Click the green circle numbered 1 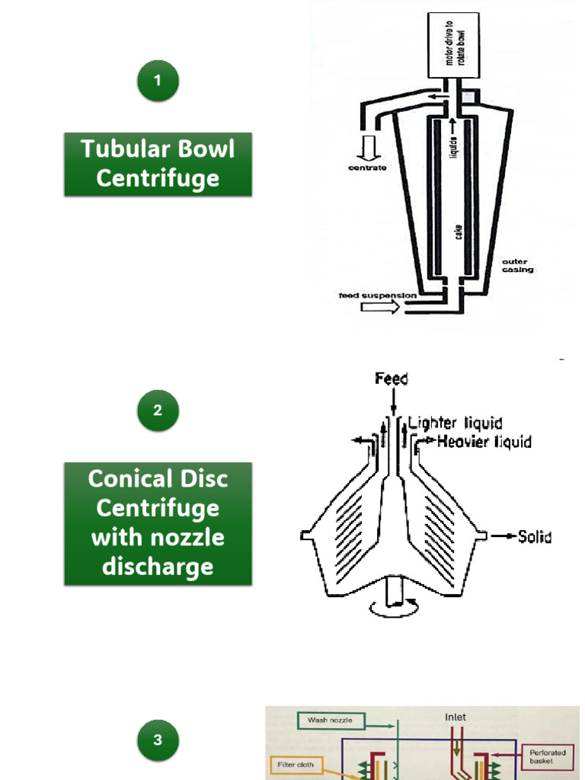tap(158, 81)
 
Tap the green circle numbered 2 tap(158, 411)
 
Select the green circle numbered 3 tap(158, 740)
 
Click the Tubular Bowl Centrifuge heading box tap(158, 164)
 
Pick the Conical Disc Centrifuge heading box tap(158, 523)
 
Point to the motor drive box tap(454, 45)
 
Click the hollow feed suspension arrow tap(378, 307)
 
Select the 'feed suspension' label tap(378, 295)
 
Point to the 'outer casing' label tap(517, 266)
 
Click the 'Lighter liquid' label tap(456, 424)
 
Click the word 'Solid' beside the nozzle tap(534, 537)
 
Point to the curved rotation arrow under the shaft tap(393, 606)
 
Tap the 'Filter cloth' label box tap(296, 764)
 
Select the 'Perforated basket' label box tap(548, 757)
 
